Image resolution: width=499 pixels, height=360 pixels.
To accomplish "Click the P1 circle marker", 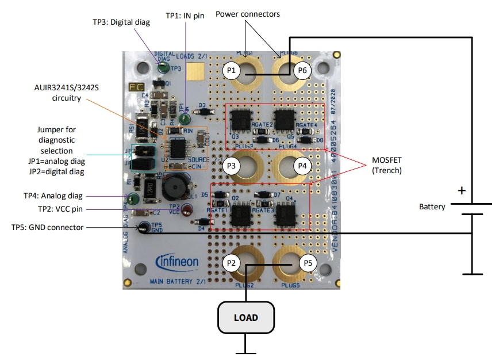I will click(x=231, y=71).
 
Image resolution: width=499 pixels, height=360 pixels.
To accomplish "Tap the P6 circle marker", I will click(x=302, y=71).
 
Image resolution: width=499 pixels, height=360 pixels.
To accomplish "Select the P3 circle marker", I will click(x=231, y=166).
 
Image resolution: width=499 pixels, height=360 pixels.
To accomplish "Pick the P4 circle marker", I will click(x=302, y=166).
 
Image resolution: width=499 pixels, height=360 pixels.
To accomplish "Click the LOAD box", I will click(x=245, y=317).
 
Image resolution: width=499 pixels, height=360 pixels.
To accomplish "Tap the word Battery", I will click(x=432, y=206).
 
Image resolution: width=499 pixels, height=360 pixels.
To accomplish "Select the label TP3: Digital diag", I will click(x=121, y=22).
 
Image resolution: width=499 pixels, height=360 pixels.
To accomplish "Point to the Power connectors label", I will click(x=248, y=13).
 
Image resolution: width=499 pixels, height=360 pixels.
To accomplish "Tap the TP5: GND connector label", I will click(x=48, y=227).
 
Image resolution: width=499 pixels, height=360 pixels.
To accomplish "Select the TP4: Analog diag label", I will click(x=52, y=196).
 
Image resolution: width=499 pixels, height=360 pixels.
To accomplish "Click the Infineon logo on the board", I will click(x=177, y=262).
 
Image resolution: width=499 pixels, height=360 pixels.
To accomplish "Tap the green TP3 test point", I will click(x=163, y=68).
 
